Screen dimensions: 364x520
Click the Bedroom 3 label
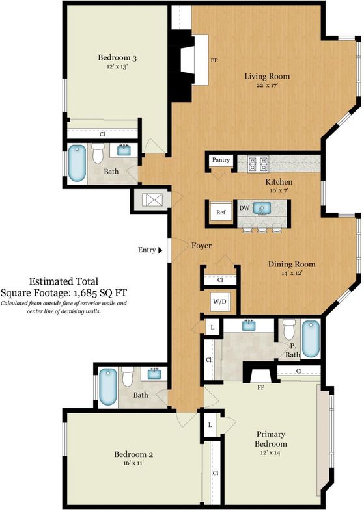[117, 58]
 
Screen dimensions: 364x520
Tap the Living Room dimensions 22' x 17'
[267, 85]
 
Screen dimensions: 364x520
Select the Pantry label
[221, 160]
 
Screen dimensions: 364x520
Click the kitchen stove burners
[259, 164]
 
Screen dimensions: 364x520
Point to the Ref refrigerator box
[221, 213]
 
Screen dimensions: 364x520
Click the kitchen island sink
[262, 208]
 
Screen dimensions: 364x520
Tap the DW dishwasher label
[244, 208]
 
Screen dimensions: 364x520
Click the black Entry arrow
[160, 250]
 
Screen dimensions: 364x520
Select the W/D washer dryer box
[219, 302]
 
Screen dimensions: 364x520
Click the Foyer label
[201, 246]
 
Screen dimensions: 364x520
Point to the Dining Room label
[292, 265]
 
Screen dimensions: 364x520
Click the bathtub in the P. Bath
[311, 338]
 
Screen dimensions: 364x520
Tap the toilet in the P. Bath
[289, 328]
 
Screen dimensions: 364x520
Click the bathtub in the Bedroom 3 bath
[77, 164]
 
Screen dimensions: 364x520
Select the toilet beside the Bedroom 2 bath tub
[128, 376]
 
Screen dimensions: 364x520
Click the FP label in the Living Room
[214, 60]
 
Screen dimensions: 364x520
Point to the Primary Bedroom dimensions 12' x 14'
[271, 452]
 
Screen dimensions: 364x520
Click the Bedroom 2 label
[133, 454]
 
